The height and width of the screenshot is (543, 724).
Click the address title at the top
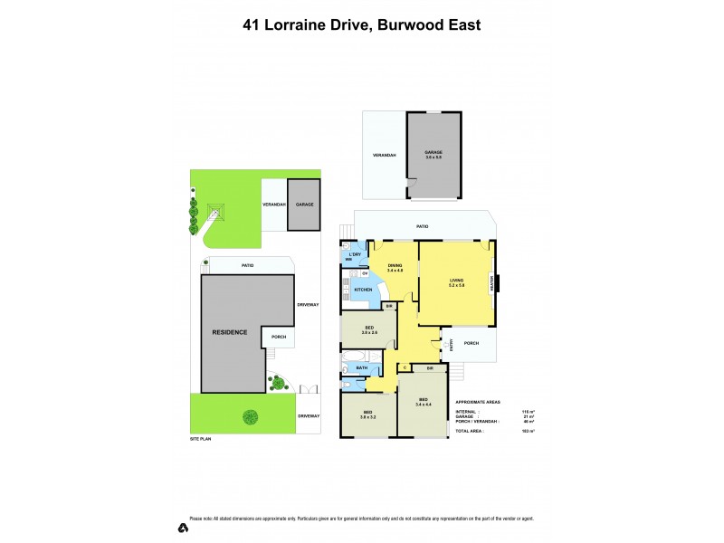click(361, 24)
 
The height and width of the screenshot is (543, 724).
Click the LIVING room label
click(457, 282)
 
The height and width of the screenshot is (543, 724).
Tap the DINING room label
click(395, 267)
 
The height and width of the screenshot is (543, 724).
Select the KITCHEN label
click(363, 290)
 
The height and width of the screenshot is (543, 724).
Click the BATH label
click(361, 367)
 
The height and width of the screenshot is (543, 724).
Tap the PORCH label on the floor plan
click(471, 343)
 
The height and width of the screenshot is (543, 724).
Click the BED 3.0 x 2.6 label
click(369, 329)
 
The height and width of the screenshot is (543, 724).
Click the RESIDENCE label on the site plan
click(230, 332)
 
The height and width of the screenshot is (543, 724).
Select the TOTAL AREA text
click(469, 432)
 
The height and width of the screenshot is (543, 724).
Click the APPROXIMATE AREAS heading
click(477, 401)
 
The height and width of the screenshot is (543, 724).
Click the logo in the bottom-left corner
click(182, 527)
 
